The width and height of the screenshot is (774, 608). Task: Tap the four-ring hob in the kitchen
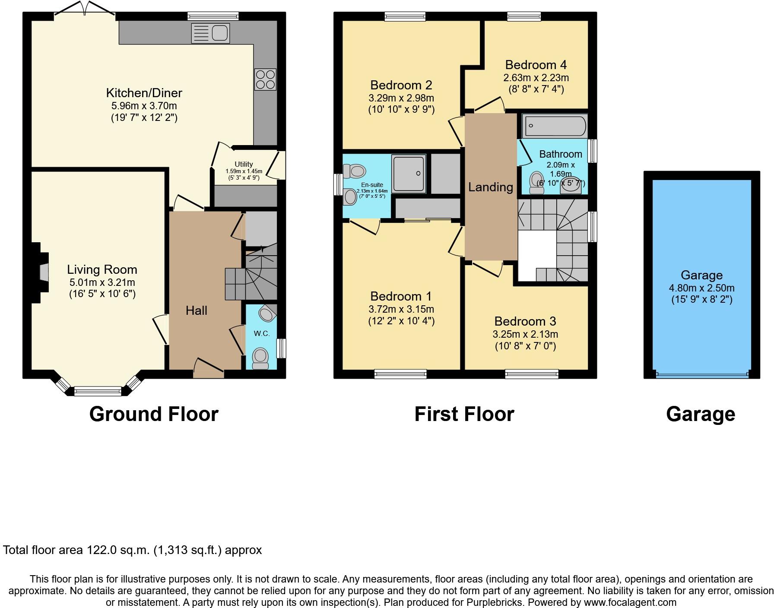point(265,79)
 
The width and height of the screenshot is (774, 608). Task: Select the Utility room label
point(244,164)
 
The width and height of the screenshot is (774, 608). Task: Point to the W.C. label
point(261,333)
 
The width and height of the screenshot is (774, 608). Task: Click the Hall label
point(197,310)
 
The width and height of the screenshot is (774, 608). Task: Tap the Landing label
point(491,187)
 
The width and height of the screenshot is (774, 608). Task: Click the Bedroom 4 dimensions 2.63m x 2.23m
point(536,78)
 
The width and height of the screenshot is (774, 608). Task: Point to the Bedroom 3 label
point(525,321)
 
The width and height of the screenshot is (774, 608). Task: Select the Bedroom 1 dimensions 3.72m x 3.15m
point(401,309)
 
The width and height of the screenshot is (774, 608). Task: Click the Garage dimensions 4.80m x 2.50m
point(701,288)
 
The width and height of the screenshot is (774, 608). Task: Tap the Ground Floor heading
point(154,414)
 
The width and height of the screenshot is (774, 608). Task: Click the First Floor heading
point(464,414)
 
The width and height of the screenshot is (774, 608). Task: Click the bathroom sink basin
point(572,187)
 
